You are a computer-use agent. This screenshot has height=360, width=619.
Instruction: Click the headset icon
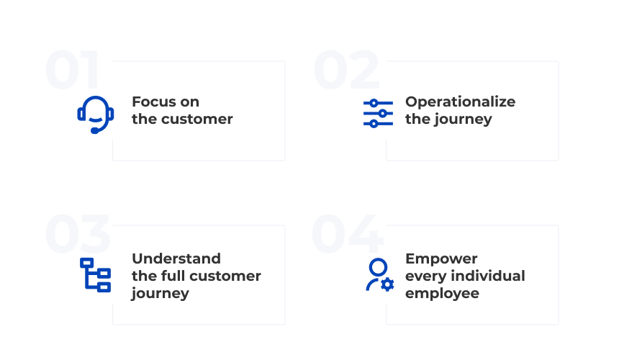95,114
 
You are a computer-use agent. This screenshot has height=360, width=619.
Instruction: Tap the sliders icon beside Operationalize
378,113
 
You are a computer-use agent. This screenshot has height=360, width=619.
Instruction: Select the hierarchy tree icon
95,274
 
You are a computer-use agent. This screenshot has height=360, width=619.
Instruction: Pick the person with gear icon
379,275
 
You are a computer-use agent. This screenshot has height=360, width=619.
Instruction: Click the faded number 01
72,70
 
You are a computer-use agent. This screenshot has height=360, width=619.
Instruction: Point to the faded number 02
346,70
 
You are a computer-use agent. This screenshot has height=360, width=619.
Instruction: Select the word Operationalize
460,102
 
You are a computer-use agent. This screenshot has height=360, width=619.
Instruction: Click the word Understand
176,258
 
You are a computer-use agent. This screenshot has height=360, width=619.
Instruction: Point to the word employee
442,293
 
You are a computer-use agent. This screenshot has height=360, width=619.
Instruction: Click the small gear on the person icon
387,284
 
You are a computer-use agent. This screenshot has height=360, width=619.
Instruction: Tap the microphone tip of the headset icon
94,130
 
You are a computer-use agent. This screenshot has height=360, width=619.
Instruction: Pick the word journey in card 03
160,294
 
